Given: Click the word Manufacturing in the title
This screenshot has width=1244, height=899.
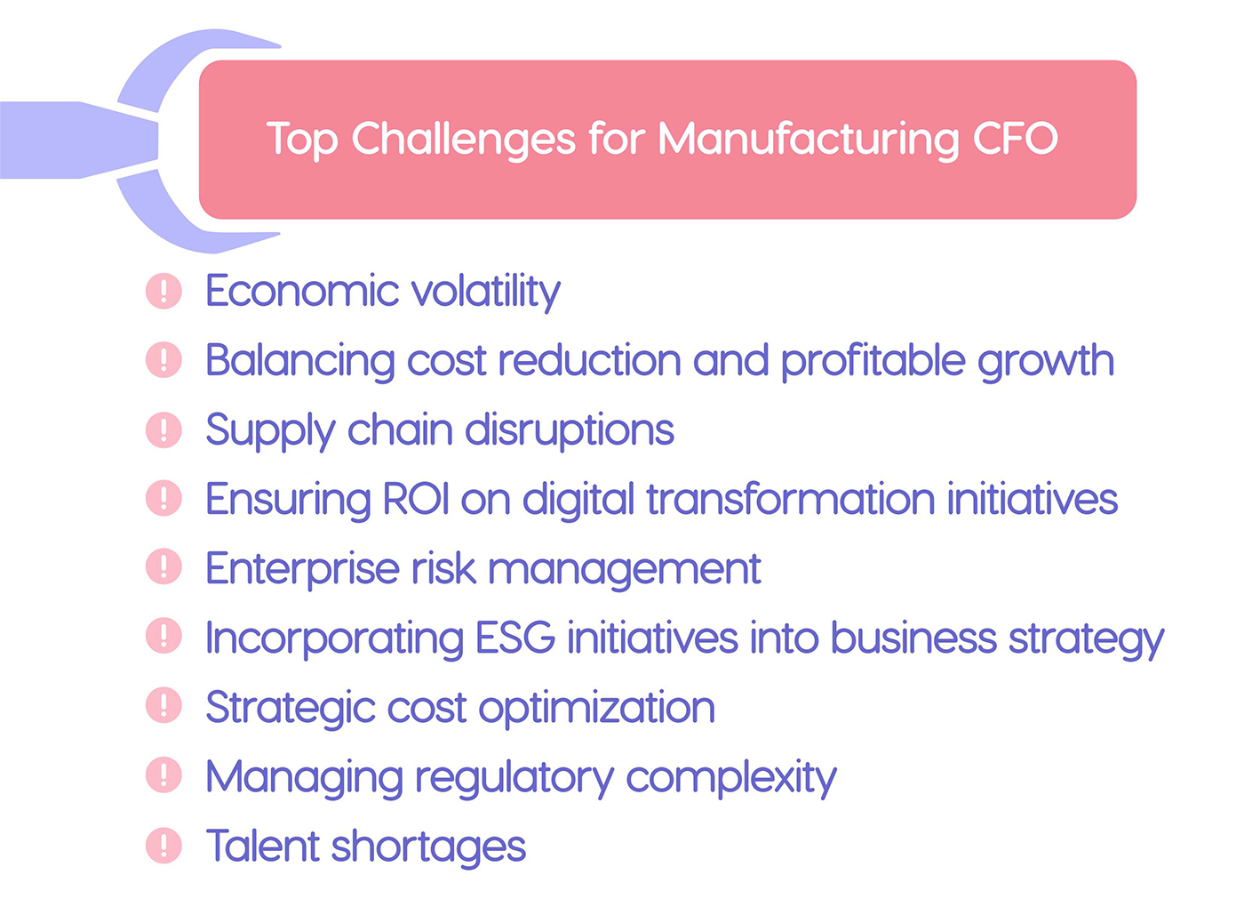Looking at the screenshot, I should pyautogui.click(x=809, y=140).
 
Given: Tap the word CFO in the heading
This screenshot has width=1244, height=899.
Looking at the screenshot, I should pyautogui.click(x=1015, y=140).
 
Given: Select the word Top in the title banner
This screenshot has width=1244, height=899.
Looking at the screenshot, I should pyautogui.click(x=302, y=140).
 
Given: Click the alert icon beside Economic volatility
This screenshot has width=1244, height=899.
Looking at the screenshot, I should pyautogui.click(x=163, y=291).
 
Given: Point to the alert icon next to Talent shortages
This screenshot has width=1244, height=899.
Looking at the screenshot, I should pyautogui.click(x=163, y=846).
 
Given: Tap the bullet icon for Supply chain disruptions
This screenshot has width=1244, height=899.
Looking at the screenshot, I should pyautogui.click(x=163, y=429).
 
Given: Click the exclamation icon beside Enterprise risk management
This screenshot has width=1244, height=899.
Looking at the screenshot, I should pyautogui.click(x=163, y=567).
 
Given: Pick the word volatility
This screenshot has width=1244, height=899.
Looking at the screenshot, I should pyautogui.click(x=485, y=292).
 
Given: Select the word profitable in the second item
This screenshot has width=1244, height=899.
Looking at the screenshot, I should pyautogui.click(x=873, y=361).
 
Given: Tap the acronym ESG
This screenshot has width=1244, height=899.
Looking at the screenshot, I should pyautogui.click(x=515, y=638).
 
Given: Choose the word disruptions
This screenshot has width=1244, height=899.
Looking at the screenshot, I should pyautogui.click(x=570, y=430).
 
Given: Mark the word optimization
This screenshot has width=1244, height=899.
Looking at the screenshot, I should pyautogui.click(x=596, y=708).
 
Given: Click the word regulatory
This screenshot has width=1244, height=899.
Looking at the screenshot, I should pyautogui.click(x=514, y=778).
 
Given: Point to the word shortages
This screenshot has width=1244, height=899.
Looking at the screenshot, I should pyautogui.click(x=428, y=847).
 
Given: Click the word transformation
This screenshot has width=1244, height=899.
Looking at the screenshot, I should pyautogui.click(x=790, y=500).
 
